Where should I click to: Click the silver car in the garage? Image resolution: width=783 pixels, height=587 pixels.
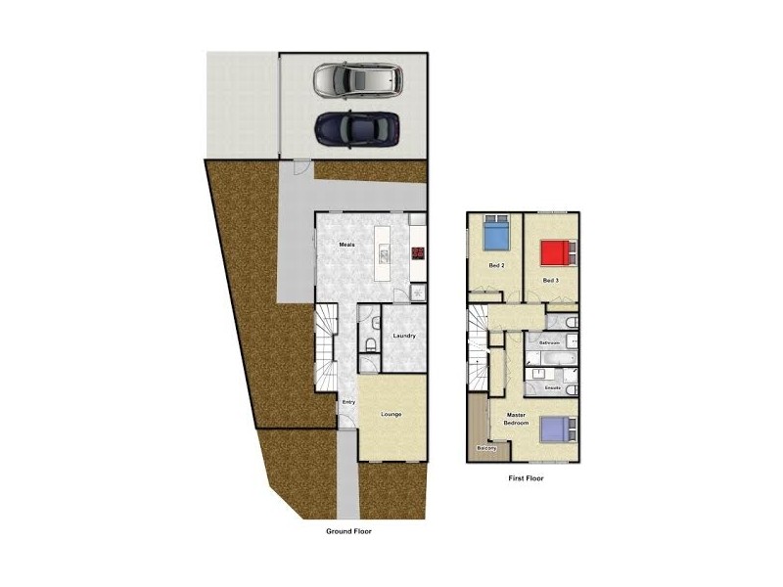pyautogui.click(x=357, y=80)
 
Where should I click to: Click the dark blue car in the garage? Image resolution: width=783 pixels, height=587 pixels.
pyautogui.click(x=357, y=128)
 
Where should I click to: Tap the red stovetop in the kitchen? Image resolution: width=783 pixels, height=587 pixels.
pyautogui.click(x=418, y=253)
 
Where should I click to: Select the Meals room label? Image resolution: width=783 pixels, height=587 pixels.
pyautogui.click(x=346, y=244)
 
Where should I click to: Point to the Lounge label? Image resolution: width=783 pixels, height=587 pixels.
pyautogui.click(x=391, y=414)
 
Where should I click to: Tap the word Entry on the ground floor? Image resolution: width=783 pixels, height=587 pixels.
pyautogui.click(x=347, y=402)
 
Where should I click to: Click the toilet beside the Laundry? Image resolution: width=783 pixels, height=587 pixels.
pyautogui.click(x=368, y=343)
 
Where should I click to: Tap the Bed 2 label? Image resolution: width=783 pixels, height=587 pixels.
pyautogui.click(x=496, y=265)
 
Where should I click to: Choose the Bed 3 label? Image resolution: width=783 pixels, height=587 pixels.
pyautogui.click(x=550, y=281)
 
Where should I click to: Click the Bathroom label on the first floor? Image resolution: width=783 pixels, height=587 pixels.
pyautogui.click(x=549, y=343)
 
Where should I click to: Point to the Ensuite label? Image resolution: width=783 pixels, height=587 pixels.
pyautogui.click(x=552, y=388)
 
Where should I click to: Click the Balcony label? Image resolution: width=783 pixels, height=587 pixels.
pyautogui.click(x=486, y=449)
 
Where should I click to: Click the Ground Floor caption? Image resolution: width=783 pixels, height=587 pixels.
pyautogui.click(x=348, y=531)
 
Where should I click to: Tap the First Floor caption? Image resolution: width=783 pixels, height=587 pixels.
pyautogui.click(x=526, y=478)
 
